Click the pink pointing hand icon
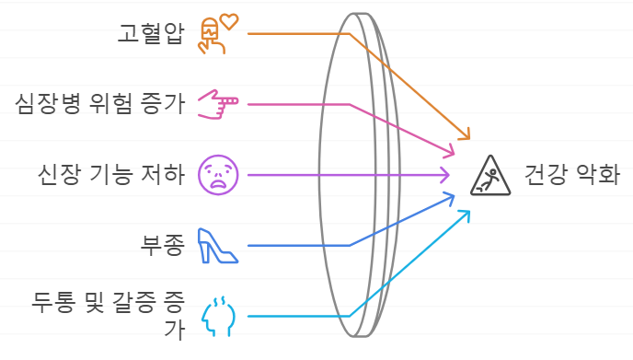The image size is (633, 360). pos(218,104)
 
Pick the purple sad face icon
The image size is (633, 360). pos(219,173)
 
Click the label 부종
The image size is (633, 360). pos(162,244)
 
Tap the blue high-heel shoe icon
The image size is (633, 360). pos(218,245)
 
